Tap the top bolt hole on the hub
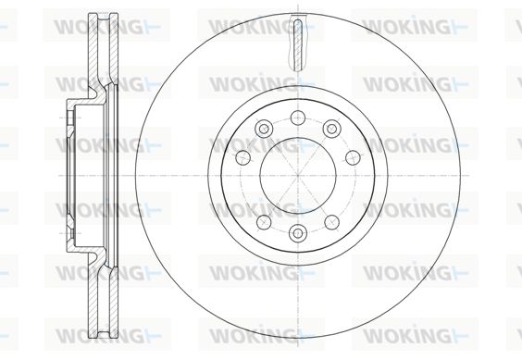click(298, 118)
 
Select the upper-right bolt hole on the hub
click(331, 129)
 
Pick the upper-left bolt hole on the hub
click(264, 129)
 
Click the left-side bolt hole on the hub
click(242, 157)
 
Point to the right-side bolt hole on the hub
click(354, 157)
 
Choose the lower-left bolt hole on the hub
click(264, 222)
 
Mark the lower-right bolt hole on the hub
click(332, 222)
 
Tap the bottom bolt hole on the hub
click(298, 233)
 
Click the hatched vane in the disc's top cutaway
click(298, 45)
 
